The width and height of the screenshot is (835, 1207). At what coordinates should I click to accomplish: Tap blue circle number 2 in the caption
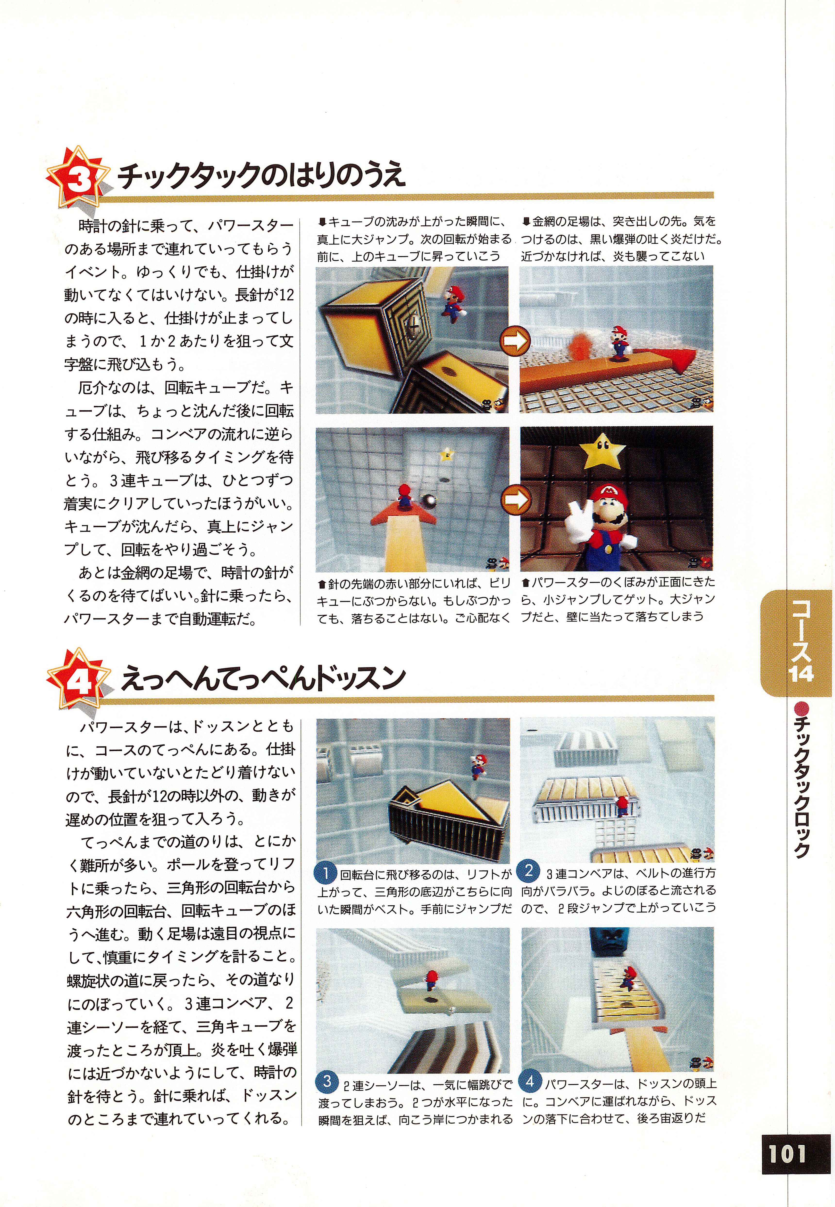coord(528,870)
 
